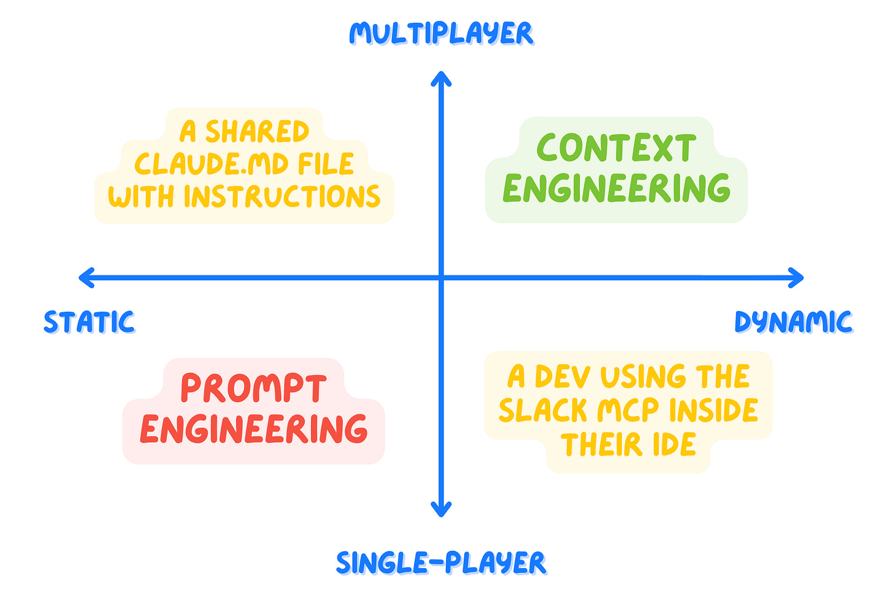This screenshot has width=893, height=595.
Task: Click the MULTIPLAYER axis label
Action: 441,33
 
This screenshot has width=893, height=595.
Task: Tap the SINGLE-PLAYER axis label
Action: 441,563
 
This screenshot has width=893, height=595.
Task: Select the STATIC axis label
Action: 89,322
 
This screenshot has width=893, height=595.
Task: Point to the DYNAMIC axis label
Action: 793,322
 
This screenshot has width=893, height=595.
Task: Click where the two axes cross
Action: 441,278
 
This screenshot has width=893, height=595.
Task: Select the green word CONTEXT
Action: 616,148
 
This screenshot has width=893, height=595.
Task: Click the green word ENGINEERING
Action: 616,188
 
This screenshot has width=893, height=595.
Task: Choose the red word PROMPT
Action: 253,389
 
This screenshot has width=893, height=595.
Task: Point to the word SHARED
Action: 258,132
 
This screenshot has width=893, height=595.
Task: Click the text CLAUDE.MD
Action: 212,164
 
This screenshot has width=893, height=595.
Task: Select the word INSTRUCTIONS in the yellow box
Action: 282,197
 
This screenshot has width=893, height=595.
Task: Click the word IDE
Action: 674,445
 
